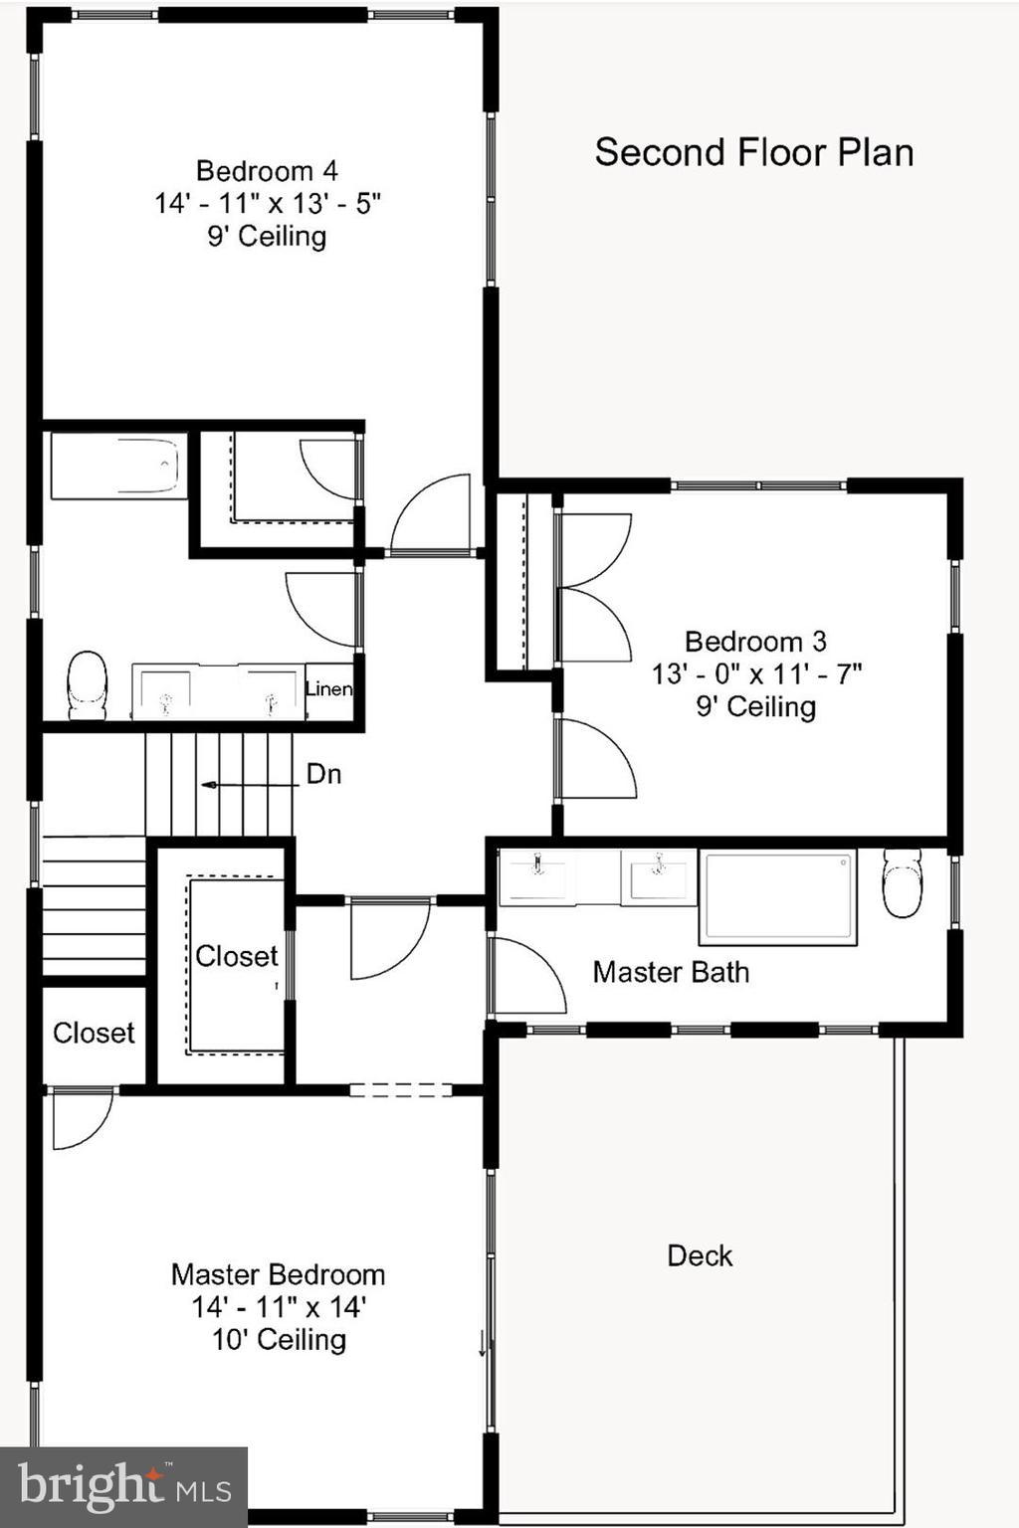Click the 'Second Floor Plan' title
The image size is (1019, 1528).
click(753, 152)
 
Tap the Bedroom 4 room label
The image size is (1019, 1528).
click(267, 171)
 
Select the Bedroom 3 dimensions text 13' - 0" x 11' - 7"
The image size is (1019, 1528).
click(756, 673)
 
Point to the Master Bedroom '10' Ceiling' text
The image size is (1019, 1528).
click(279, 1339)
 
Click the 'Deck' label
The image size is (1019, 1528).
click(700, 1255)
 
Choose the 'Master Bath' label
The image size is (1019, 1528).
click(671, 972)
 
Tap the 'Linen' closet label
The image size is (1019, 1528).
click(328, 688)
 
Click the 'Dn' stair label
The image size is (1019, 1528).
click(323, 773)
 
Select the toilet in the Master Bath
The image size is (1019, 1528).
click(903, 882)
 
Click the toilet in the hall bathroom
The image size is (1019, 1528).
click(88, 684)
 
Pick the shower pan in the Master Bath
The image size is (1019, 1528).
click(777, 895)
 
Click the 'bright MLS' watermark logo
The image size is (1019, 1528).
click(123, 1487)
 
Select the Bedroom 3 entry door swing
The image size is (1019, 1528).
click(595, 758)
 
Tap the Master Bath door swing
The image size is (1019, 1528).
click(527, 977)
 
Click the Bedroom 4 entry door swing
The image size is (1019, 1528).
click(430, 514)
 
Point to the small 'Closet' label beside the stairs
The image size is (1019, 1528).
click(94, 1033)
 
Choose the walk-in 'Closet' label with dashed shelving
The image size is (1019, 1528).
click(236, 956)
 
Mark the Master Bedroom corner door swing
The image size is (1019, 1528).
click(82, 1119)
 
